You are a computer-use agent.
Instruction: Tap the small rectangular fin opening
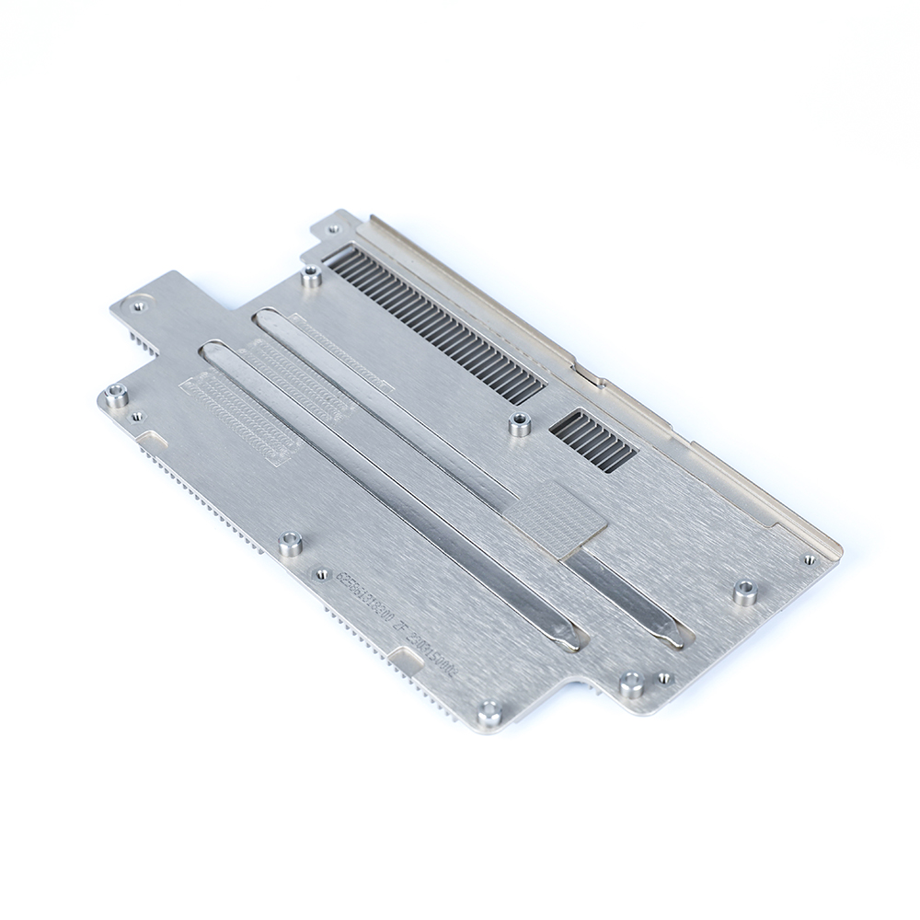pyautogui.click(x=593, y=441)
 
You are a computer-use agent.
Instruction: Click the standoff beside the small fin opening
pyautogui.click(x=520, y=424)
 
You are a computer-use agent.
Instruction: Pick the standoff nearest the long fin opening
pyautogui.click(x=312, y=275)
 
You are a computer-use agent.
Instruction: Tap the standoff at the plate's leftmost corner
pyautogui.click(x=116, y=396)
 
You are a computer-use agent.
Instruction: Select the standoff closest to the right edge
pyautogui.click(x=744, y=592)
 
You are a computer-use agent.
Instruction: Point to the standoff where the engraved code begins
pyautogui.click(x=291, y=544)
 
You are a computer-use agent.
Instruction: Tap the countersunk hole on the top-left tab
pyautogui.click(x=139, y=303)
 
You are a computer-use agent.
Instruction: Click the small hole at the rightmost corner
pyautogui.click(x=809, y=558)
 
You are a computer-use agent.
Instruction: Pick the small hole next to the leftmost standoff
pyautogui.click(x=137, y=417)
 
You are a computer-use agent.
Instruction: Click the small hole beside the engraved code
pyautogui.click(x=322, y=574)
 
